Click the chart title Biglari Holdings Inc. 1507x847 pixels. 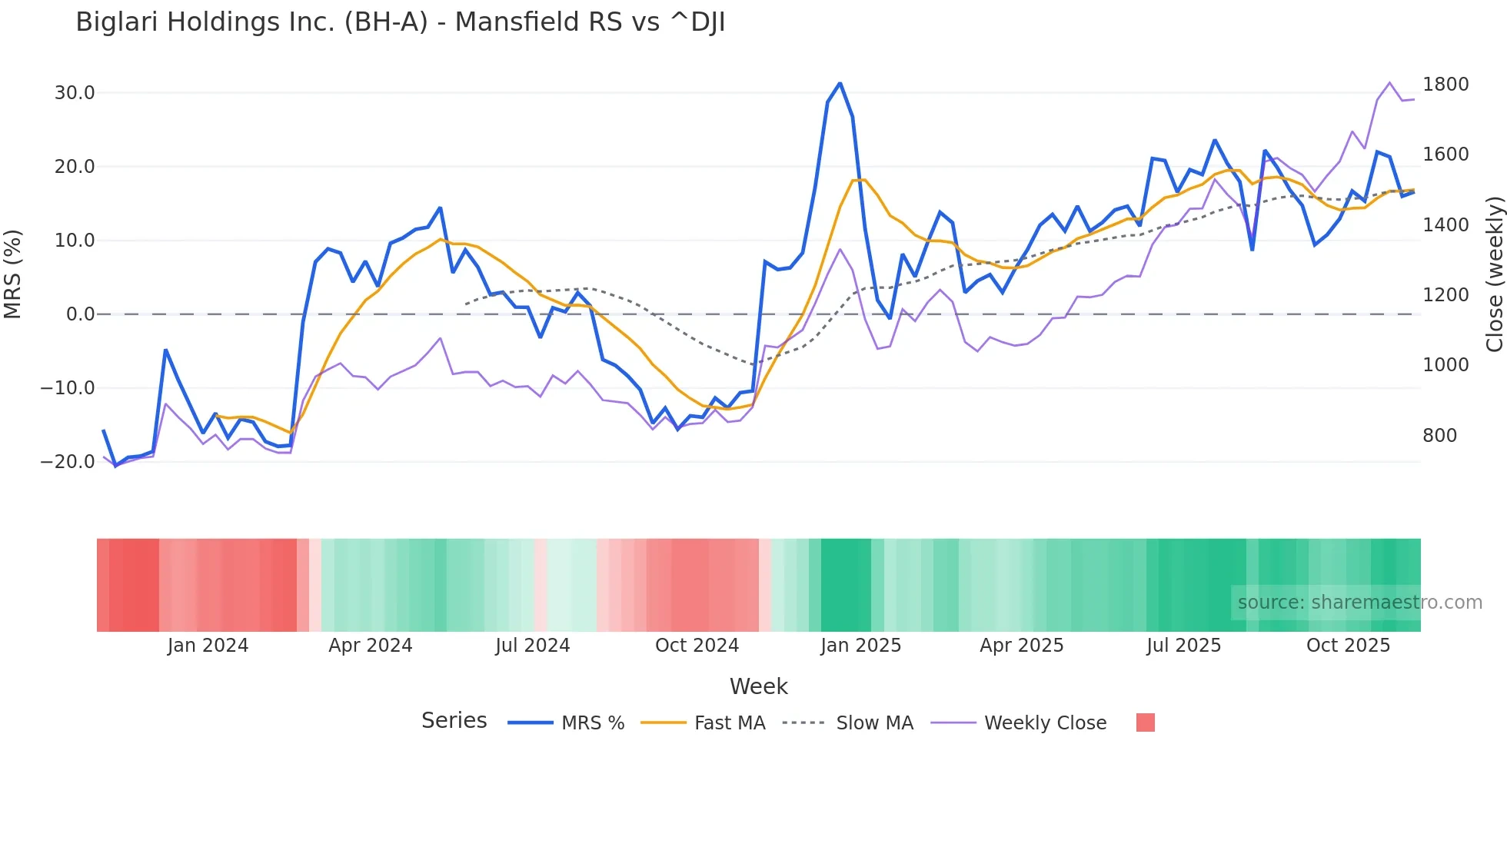pyautogui.click(x=400, y=22)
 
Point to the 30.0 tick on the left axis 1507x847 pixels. pyautogui.click(x=75, y=93)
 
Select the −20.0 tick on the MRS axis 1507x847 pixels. pyautogui.click(x=68, y=462)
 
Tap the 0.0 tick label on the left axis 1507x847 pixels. pyautogui.click(x=80, y=314)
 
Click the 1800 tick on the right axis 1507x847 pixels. pyautogui.click(x=1445, y=85)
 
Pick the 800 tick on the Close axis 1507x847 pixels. pyautogui.click(x=1439, y=436)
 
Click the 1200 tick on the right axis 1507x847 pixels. pyautogui.click(x=1445, y=295)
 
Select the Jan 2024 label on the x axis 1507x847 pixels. pyautogui.click(x=208, y=646)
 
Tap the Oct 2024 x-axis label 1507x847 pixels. pyautogui.click(x=697, y=646)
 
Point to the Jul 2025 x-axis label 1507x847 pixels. pyautogui.click(x=1183, y=646)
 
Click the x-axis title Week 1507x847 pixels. pyautogui.click(x=758, y=686)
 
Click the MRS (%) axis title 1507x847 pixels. pyautogui.click(x=13, y=274)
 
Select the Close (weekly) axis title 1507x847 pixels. pyautogui.click(x=1494, y=274)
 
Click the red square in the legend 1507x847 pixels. pyautogui.click(x=1145, y=722)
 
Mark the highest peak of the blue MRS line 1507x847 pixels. pyautogui.click(x=840, y=83)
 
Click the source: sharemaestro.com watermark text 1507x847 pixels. pyautogui.click(x=1359, y=603)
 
